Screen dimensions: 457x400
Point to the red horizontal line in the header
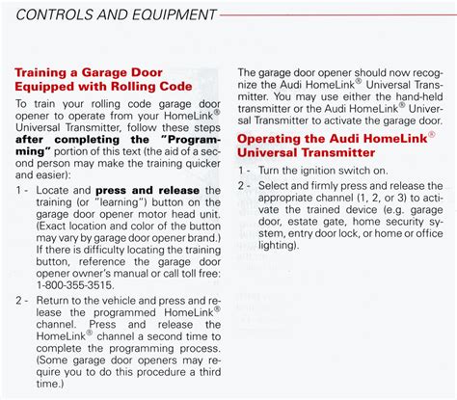point(338,14)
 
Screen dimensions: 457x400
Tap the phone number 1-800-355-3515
point(75,285)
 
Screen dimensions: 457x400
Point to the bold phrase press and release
point(148,191)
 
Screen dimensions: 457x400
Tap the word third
point(210,372)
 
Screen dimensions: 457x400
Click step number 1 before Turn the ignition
point(241,171)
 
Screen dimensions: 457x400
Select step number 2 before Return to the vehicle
point(19,301)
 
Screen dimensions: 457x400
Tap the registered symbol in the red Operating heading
point(432,134)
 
